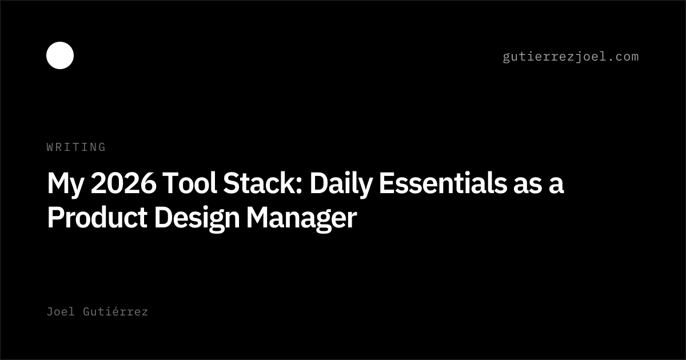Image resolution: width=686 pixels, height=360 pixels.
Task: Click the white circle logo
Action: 60,55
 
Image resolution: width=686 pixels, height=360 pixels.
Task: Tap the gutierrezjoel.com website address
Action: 571,57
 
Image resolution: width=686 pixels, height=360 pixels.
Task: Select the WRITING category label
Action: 76,147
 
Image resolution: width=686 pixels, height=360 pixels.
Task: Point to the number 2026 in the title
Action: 123,183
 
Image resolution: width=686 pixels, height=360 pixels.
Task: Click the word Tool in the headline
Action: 190,183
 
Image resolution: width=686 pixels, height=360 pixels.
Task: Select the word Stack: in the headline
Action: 263,183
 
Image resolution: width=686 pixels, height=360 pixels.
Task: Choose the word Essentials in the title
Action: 443,183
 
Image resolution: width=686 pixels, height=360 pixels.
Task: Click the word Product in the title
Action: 97,217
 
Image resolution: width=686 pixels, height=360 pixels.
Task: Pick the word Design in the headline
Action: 197,219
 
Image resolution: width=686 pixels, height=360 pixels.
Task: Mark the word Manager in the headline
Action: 302,219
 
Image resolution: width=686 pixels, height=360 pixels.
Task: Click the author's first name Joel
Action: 61,311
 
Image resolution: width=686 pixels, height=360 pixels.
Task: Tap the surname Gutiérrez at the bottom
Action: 115,311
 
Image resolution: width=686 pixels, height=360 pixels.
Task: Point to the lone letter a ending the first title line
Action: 556,186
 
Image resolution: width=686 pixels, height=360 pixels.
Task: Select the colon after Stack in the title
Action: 299,186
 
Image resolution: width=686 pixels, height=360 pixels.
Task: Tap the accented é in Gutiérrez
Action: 115,311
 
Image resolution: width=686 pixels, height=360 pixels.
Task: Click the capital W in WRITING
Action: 50,147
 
